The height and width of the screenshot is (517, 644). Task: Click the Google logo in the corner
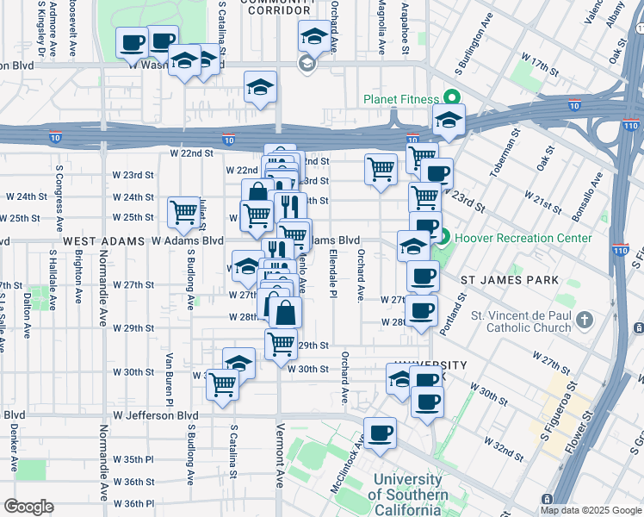28,506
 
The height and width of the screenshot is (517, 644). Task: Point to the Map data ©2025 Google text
591,510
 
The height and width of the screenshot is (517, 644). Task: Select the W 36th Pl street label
132,503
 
